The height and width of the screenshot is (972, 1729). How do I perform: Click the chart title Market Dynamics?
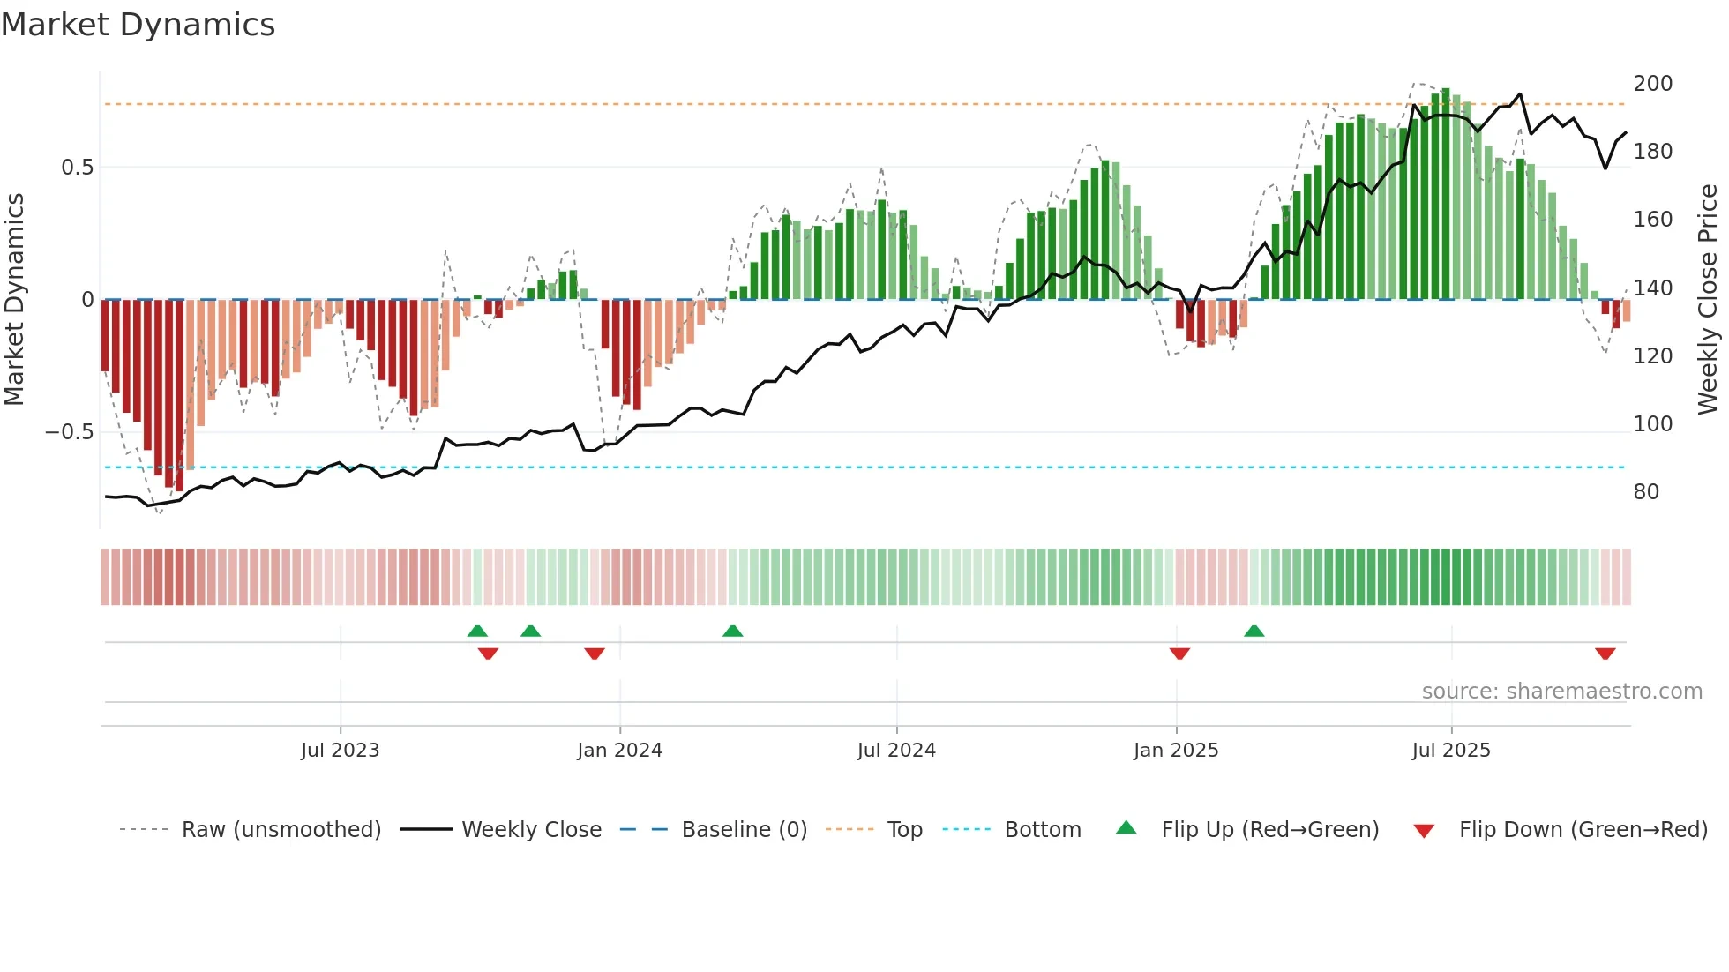click(x=138, y=25)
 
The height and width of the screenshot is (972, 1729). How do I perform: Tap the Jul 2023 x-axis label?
click(x=340, y=751)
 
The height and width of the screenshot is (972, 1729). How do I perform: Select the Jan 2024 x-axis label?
click(x=619, y=751)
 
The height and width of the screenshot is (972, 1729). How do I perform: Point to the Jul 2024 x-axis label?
click(x=896, y=751)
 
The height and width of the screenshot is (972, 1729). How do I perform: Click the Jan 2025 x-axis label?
click(x=1176, y=751)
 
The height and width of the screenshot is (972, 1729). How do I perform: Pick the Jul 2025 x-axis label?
click(x=1451, y=751)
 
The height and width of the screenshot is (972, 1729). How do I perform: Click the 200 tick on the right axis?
click(x=1652, y=84)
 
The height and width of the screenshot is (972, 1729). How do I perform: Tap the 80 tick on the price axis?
click(x=1646, y=492)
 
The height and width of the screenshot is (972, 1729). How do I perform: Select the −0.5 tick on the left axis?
click(x=69, y=432)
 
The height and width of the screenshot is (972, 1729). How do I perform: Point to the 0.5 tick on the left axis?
click(x=77, y=168)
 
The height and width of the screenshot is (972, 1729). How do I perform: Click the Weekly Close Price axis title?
click(x=1708, y=300)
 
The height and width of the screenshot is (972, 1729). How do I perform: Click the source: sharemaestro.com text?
click(x=1561, y=692)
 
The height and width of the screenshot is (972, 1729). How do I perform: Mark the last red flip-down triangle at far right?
click(x=1605, y=654)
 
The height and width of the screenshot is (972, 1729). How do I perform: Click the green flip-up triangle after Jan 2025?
click(x=1254, y=631)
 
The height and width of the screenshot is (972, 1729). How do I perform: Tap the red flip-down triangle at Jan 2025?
click(x=1179, y=654)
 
